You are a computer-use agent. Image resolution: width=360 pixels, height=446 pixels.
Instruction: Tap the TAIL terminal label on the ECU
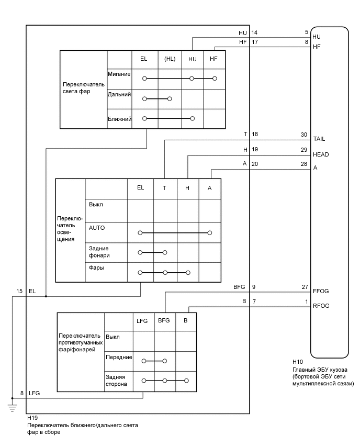point(319,139)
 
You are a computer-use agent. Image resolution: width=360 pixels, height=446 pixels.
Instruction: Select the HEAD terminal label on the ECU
point(321,155)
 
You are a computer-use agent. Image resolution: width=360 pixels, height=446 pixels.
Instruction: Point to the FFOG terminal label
point(320,291)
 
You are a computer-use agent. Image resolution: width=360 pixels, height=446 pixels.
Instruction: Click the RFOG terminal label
point(321,306)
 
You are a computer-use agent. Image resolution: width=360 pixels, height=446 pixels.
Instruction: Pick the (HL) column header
point(170,59)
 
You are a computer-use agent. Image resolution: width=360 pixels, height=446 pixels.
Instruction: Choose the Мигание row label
point(119,74)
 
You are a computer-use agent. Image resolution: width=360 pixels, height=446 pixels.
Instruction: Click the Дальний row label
point(119,95)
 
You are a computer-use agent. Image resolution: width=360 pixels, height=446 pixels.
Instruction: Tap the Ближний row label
point(119,119)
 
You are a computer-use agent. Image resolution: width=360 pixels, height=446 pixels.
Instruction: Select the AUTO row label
point(97,228)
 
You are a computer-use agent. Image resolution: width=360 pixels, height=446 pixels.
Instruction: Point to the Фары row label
point(96,268)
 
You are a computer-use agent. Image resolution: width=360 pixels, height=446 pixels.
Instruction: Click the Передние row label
point(118,357)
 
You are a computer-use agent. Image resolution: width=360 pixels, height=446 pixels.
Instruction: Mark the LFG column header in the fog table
point(142,321)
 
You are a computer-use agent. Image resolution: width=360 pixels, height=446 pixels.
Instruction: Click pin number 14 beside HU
point(255,33)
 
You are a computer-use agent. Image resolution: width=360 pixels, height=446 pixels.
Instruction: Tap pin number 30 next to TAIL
point(304,135)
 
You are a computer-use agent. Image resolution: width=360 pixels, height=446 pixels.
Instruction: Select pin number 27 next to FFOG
point(304,286)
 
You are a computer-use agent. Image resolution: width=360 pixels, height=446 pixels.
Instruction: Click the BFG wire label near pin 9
point(239,286)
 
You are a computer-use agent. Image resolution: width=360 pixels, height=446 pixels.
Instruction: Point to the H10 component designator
point(298,361)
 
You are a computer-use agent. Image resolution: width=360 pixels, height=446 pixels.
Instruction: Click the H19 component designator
point(32,418)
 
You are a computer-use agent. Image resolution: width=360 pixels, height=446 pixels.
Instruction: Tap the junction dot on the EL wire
point(46,296)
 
